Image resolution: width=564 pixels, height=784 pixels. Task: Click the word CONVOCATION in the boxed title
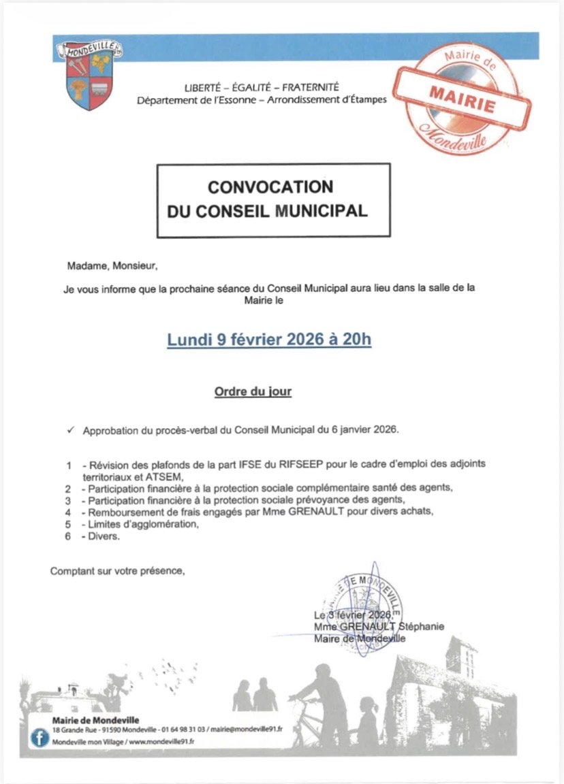tap(270, 186)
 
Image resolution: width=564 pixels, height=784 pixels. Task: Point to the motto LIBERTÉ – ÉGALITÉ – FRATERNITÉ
tap(262, 87)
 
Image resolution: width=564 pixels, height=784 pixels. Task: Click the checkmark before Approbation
tap(70, 431)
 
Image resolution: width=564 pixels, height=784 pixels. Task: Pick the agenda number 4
tap(68, 511)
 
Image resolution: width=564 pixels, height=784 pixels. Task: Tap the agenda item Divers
tap(105, 536)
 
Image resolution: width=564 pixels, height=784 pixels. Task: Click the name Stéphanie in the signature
tap(422, 626)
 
